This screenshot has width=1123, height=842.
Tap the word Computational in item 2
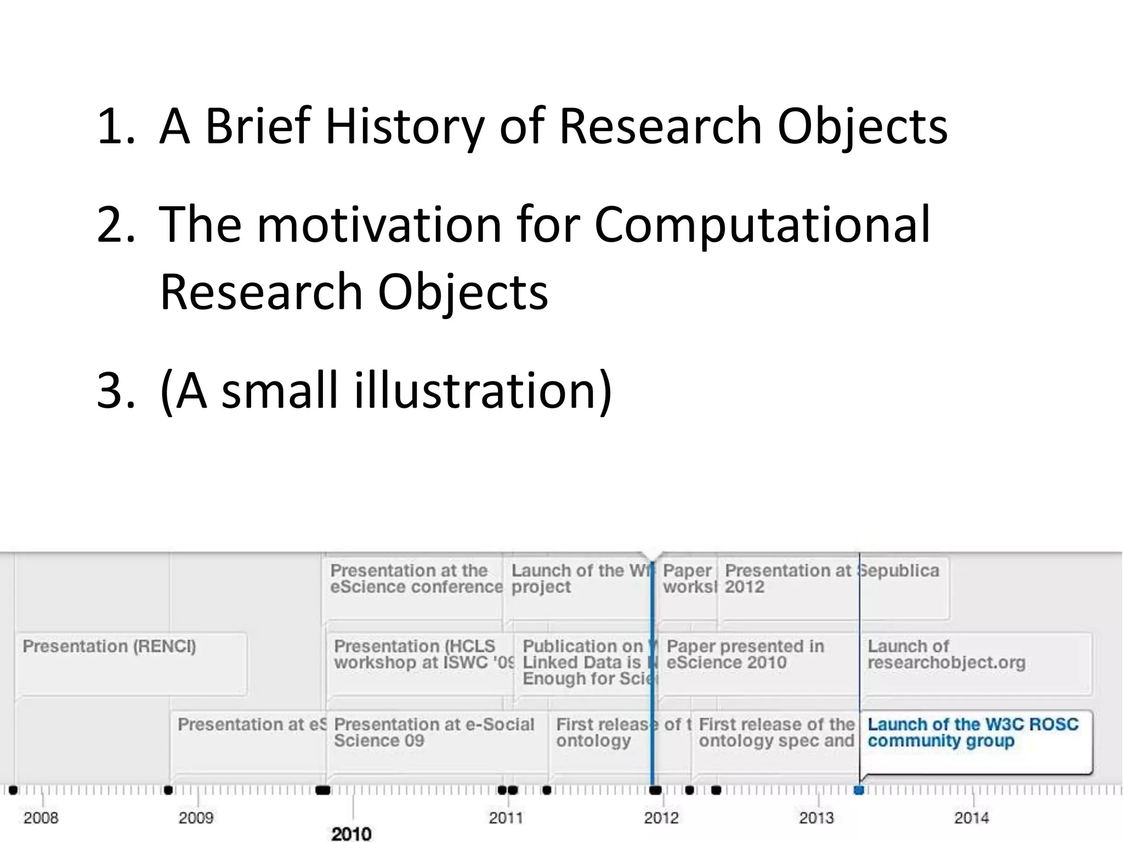point(762,225)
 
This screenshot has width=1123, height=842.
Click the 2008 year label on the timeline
point(41,818)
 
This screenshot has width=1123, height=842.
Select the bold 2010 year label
point(351,834)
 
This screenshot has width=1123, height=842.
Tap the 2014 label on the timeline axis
point(971,818)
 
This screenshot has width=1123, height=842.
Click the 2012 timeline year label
point(661,818)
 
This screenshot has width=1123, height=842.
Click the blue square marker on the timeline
point(859,790)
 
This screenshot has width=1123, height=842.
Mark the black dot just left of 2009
point(168,790)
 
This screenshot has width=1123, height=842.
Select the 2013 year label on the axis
point(816,818)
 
